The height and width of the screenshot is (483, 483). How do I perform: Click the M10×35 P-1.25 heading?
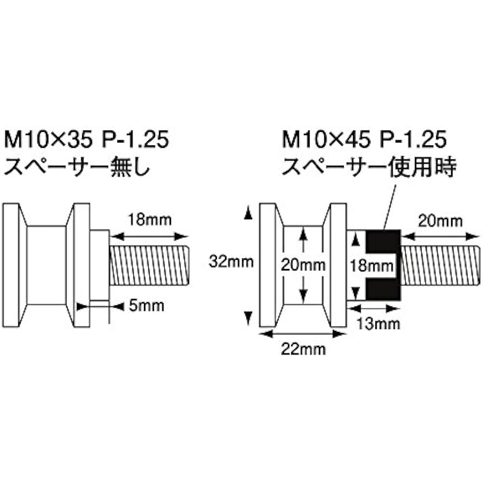(86, 140)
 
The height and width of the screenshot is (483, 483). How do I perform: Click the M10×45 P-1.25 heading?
(364, 140)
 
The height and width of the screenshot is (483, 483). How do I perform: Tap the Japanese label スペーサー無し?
(77, 167)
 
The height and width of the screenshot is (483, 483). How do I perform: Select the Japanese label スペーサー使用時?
(369, 167)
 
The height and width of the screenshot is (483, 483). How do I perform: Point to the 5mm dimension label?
(146, 306)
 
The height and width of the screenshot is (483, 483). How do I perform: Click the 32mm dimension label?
(231, 262)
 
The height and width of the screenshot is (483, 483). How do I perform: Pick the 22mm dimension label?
(303, 349)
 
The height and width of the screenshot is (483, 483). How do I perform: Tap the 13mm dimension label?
(378, 324)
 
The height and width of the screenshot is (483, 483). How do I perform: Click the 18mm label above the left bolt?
(149, 220)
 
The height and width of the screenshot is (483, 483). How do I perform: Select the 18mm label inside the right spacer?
(372, 266)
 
